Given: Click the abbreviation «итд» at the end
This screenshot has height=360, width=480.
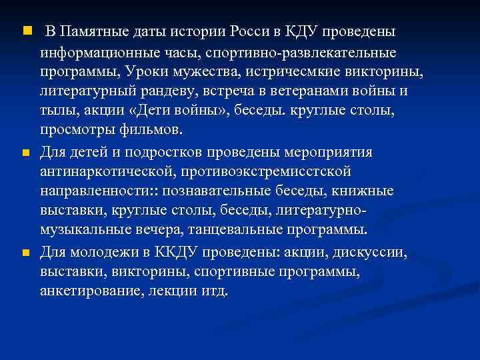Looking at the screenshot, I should tap(215, 292).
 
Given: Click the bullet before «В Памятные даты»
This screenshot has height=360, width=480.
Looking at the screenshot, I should tap(25, 31).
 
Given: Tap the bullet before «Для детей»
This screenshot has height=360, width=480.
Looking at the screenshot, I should tap(25, 153).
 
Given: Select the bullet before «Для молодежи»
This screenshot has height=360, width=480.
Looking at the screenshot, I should tap(25, 253).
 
